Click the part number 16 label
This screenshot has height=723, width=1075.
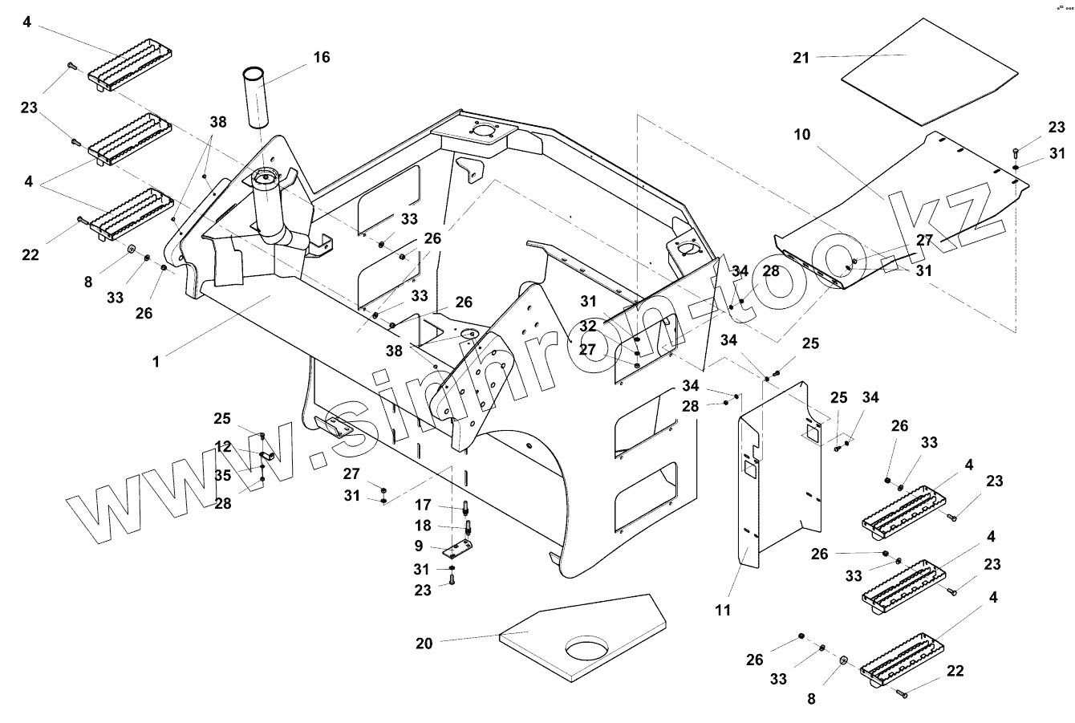(321, 58)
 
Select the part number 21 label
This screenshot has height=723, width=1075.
(801, 58)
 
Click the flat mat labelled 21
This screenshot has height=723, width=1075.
(931, 71)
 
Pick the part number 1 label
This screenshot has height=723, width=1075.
(156, 362)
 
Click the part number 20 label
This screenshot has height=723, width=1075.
(425, 644)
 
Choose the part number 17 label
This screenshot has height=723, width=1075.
(424, 506)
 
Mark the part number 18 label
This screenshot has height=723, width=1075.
(424, 526)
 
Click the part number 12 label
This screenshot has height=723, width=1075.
(222, 446)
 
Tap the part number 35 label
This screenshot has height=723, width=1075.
(222, 475)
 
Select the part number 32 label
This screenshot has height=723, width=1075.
(588, 327)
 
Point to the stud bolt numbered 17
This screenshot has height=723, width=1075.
(465, 507)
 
